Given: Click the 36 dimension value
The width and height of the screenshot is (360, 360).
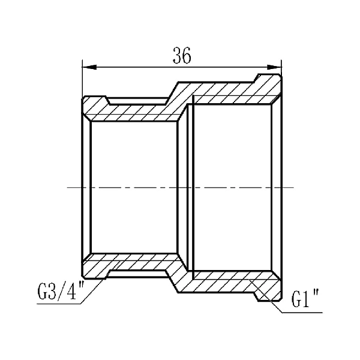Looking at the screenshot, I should pyautogui.click(x=181, y=56).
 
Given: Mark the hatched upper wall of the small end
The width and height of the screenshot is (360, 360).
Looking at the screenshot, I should pyautogui.click(x=132, y=109).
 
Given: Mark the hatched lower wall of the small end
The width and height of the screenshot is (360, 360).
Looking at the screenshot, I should pyautogui.click(x=132, y=265).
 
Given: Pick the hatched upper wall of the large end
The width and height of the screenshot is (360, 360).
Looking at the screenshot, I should pyautogui.click(x=234, y=93).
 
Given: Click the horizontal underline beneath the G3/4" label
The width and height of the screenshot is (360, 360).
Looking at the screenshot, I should pyautogui.click(x=57, y=304).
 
